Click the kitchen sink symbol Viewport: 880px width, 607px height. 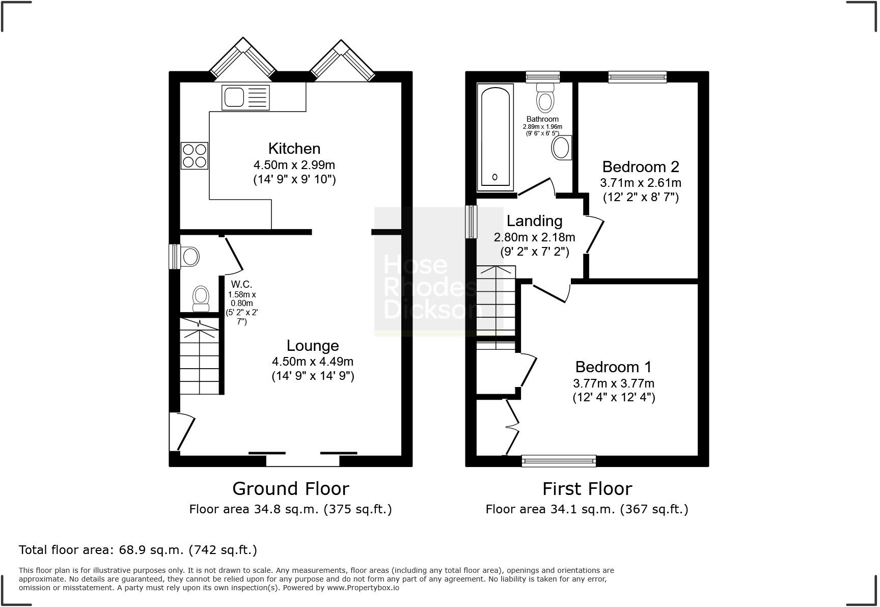(x=245, y=97)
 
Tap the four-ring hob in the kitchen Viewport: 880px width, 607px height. (x=195, y=155)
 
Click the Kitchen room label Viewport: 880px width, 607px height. (x=294, y=149)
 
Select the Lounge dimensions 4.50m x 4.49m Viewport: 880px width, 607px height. (x=313, y=362)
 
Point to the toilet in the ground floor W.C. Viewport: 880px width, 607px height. (x=201, y=298)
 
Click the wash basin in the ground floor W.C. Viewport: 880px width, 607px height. (x=189, y=256)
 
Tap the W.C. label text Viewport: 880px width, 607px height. (x=241, y=284)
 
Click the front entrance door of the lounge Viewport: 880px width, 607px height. (x=182, y=432)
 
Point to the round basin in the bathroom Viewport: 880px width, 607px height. (x=561, y=148)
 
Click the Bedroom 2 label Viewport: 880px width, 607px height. (x=641, y=167)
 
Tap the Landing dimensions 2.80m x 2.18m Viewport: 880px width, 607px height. (x=535, y=237)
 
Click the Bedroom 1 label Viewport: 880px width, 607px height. (x=614, y=367)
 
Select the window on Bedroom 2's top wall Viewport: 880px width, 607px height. (x=637, y=77)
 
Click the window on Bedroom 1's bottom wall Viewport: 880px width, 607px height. (x=559, y=461)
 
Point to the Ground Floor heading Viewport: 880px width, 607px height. (x=291, y=489)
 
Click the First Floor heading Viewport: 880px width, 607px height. (x=587, y=489)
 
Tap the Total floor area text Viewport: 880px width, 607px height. (x=138, y=550)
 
